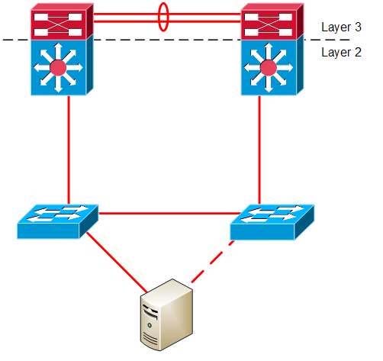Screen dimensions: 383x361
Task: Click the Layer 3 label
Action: (x=341, y=27)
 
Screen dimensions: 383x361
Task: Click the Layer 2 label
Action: (x=341, y=52)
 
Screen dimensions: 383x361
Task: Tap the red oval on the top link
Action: (x=163, y=17)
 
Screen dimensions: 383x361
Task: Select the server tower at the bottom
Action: (x=167, y=315)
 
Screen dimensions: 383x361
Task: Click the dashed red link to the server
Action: (x=213, y=262)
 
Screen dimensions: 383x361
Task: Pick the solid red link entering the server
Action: (x=117, y=262)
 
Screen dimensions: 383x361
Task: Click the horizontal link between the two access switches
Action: (x=169, y=214)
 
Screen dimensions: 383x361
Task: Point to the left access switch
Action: (x=57, y=221)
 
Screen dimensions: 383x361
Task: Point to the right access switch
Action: (x=272, y=222)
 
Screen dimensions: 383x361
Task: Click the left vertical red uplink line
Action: (x=69, y=150)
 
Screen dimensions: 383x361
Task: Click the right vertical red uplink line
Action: (x=259, y=150)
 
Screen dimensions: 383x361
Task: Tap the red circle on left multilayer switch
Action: (x=58, y=68)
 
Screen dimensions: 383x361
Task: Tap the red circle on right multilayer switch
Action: (x=269, y=68)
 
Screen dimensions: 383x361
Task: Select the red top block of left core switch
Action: (x=62, y=21)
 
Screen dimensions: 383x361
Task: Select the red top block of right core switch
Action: (x=272, y=21)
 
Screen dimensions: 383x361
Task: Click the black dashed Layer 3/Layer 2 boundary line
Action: (x=176, y=40)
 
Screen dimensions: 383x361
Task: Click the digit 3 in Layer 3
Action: (x=358, y=27)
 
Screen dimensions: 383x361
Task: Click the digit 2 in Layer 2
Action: (x=358, y=52)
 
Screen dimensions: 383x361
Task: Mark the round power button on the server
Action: (x=150, y=325)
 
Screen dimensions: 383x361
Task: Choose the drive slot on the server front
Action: (x=150, y=311)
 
